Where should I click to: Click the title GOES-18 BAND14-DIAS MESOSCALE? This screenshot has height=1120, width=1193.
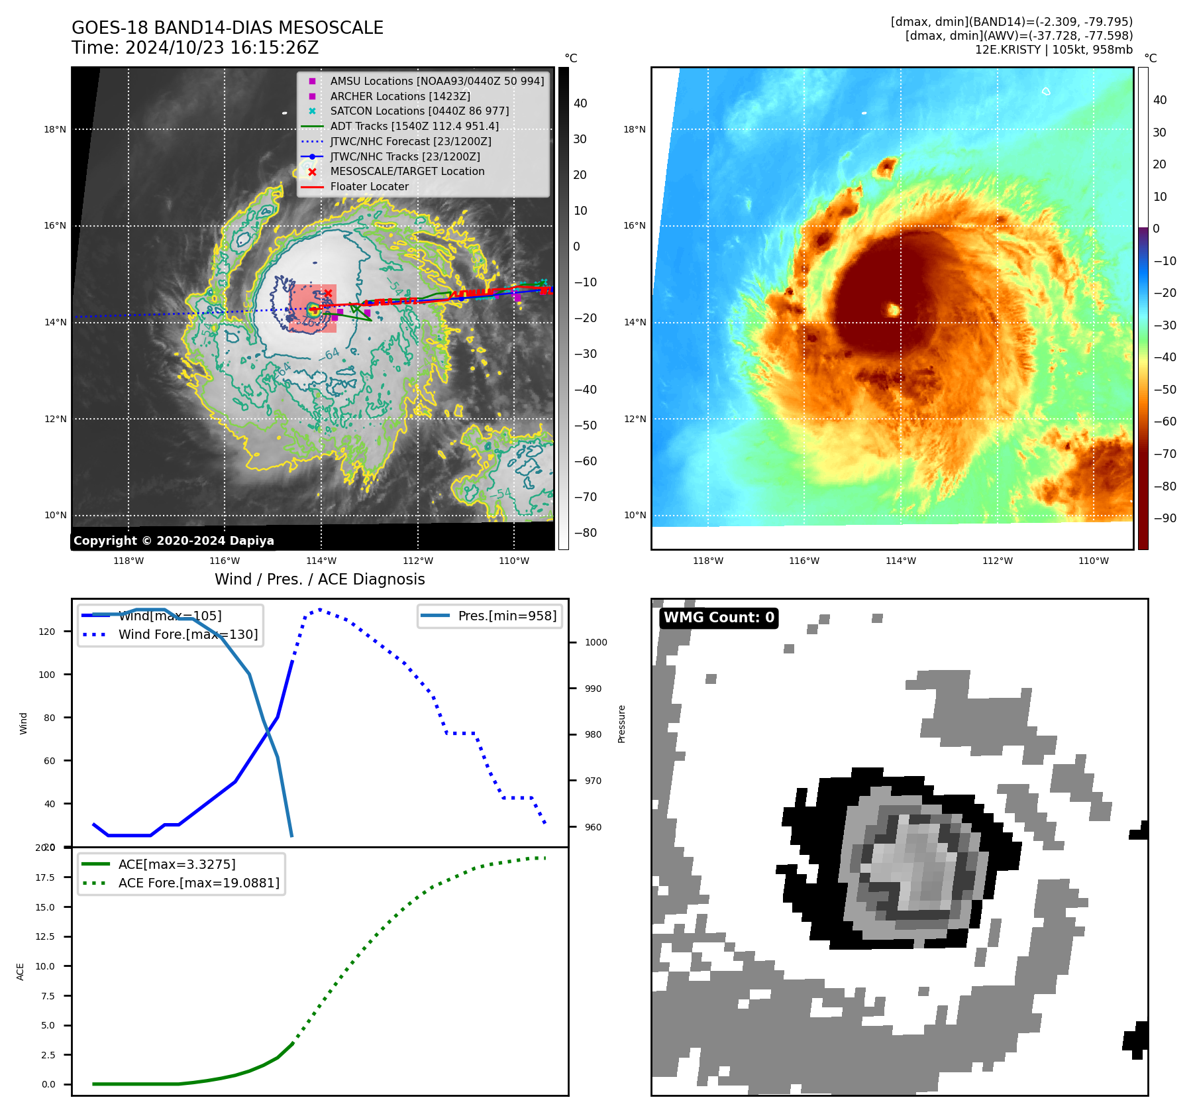point(227,28)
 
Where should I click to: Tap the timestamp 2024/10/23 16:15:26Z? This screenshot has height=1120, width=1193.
point(221,48)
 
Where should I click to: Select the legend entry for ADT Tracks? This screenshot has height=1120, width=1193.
point(414,126)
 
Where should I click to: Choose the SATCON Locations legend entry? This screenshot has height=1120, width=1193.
point(419,111)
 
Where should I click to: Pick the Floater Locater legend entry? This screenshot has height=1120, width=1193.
point(369,186)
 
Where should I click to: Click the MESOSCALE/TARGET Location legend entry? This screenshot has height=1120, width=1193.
point(407,171)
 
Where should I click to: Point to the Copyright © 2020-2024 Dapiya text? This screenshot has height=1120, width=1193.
point(174,541)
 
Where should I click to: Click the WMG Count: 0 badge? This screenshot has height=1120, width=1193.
point(719,618)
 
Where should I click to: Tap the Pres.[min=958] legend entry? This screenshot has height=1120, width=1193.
point(507,616)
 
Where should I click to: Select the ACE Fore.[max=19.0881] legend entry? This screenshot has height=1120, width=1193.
point(198,883)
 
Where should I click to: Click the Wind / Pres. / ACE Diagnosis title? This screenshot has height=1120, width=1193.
point(319,579)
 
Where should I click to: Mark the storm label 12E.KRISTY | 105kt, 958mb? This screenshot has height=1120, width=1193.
point(1053,50)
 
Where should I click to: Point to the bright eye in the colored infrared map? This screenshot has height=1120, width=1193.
point(893,309)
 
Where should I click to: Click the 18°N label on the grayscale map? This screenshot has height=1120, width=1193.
point(55,129)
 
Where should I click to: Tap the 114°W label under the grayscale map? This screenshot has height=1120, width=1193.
point(321,561)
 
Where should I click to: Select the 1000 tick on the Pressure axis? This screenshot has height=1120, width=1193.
point(596,642)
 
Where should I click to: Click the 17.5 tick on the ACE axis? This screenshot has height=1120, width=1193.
point(45,877)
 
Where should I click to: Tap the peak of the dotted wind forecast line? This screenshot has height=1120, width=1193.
point(319,609)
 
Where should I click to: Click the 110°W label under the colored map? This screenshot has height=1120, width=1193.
point(1093,561)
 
